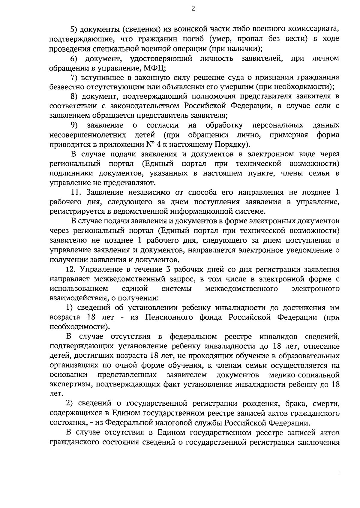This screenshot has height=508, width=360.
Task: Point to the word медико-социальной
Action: (x=304, y=375)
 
